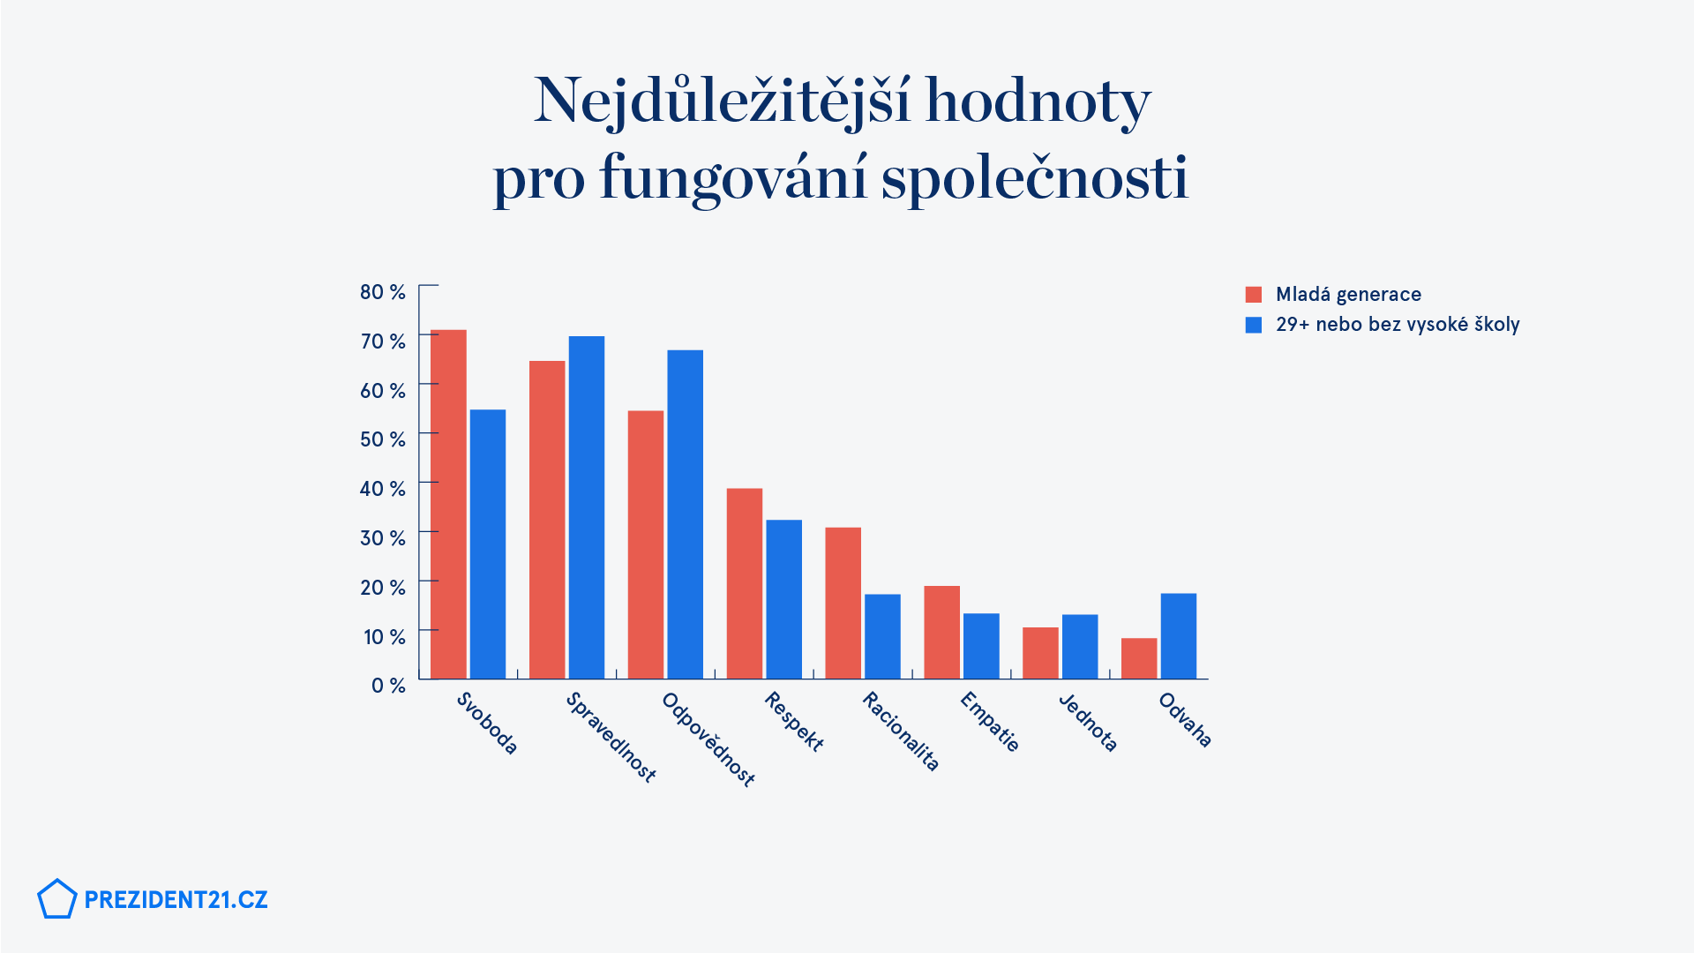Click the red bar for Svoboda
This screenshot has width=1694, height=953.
pos(448,504)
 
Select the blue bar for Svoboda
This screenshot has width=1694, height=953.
pos(488,544)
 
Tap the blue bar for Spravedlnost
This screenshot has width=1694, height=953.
pos(587,507)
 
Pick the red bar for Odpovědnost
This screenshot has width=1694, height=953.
pos(646,544)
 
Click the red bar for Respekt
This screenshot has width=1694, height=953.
pos(745,583)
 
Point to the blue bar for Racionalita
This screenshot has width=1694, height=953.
pos(882,636)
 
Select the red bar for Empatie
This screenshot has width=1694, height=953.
pos(941,632)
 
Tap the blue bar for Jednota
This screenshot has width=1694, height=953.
pos(1080,646)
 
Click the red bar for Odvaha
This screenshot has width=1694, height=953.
pos(1139,658)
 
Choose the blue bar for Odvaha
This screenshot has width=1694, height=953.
pos(1179,635)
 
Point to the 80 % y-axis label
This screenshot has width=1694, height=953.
pos(382,292)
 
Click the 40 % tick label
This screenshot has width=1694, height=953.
pos(382,489)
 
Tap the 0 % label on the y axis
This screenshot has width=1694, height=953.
pos(387,686)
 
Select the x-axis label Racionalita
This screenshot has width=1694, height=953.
pos(900,732)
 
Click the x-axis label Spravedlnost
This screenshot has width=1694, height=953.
pos(611,738)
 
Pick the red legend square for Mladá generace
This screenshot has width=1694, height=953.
pos(1254,295)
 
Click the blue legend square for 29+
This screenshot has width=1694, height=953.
pos(1254,325)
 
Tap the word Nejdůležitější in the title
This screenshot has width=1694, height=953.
pos(722,101)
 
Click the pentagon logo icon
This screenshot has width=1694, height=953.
pos(57,899)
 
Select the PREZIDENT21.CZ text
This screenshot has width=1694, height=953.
pos(176,900)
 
